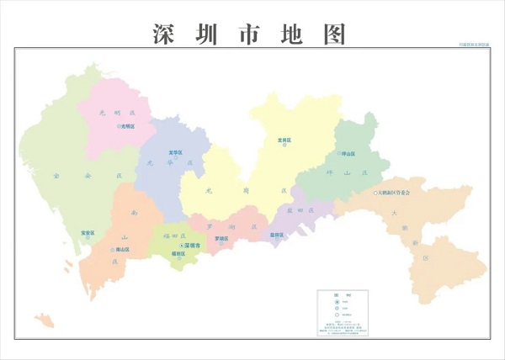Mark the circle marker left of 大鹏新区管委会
pos(375,193)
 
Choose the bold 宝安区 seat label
pos(88,232)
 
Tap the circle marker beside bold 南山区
pos(112,250)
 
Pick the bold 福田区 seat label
pos(178,253)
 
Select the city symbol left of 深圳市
pos(181,245)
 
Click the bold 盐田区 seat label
pos(277,235)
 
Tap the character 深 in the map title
pos(166,34)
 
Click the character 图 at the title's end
pos(334,34)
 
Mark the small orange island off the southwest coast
pos(44,320)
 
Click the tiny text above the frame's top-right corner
pos(473,44)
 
